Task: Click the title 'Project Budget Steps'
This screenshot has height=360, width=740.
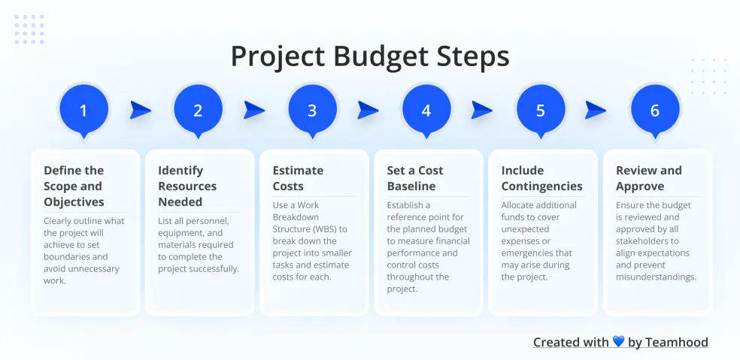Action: coord(369,57)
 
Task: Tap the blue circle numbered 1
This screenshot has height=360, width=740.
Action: coord(83,110)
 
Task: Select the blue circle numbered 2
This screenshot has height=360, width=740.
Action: coord(198,110)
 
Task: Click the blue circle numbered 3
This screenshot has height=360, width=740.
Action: coord(312,110)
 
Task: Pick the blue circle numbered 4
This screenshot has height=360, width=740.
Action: coord(426,110)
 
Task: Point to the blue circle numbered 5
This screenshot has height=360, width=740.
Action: coord(541,110)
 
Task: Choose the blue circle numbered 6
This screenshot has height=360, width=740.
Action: coord(655,110)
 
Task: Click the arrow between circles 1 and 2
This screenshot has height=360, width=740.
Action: coord(140,110)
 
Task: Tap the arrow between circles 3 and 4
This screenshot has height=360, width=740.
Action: coord(368,110)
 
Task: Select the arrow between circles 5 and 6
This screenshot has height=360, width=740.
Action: coord(596,110)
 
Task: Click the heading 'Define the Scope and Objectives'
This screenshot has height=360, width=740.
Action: coord(74,186)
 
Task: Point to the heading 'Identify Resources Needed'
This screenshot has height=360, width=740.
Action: coord(187,186)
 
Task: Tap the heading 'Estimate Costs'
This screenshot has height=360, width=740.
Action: coord(298,178)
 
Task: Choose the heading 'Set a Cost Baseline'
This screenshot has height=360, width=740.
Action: coord(415,178)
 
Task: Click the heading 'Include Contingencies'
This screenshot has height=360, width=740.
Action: coord(541,178)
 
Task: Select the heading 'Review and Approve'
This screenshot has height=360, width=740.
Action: coord(649,178)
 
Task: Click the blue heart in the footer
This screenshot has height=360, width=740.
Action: coord(618,343)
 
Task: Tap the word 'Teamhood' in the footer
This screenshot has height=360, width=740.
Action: coord(677,343)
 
